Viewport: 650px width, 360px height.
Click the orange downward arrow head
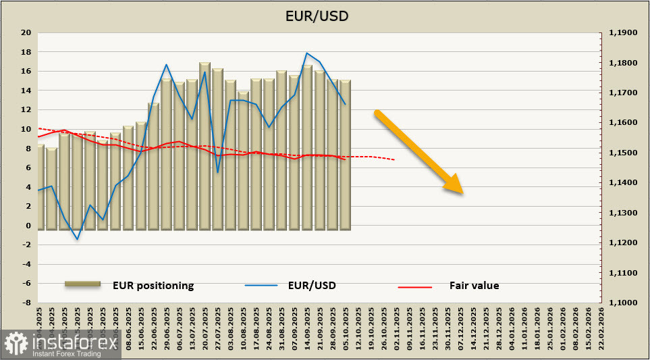pyautogui.click(x=454, y=185)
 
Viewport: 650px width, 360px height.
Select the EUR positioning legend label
pyautogui.click(x=153, y=285)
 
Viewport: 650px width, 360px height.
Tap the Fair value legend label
pyautogui.click(x=474, y=285)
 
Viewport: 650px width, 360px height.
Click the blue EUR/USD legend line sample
pyautogui.click(x=261, y=286)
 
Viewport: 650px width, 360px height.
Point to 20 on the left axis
pyautogui.click(x=26, y=32)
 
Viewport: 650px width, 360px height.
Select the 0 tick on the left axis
pyautogui.click(x=28, y=226)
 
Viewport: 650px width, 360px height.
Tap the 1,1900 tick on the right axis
pyautogui.click(x=623, y=32)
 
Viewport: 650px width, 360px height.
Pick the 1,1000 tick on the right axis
pyautogui.click(x=623, y=303)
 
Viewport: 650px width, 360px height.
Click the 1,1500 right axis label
pyautogui.click(x=623, y=153)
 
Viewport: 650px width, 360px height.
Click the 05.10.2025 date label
pyautogui.click(x=346, y=329)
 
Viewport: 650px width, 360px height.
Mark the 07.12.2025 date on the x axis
pyautogui.click(x=460, y=329)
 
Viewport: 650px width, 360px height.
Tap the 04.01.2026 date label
pyautogui.click(x=511, y=329)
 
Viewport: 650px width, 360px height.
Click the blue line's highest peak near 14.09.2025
pyautogui.click(x=307, y=53)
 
